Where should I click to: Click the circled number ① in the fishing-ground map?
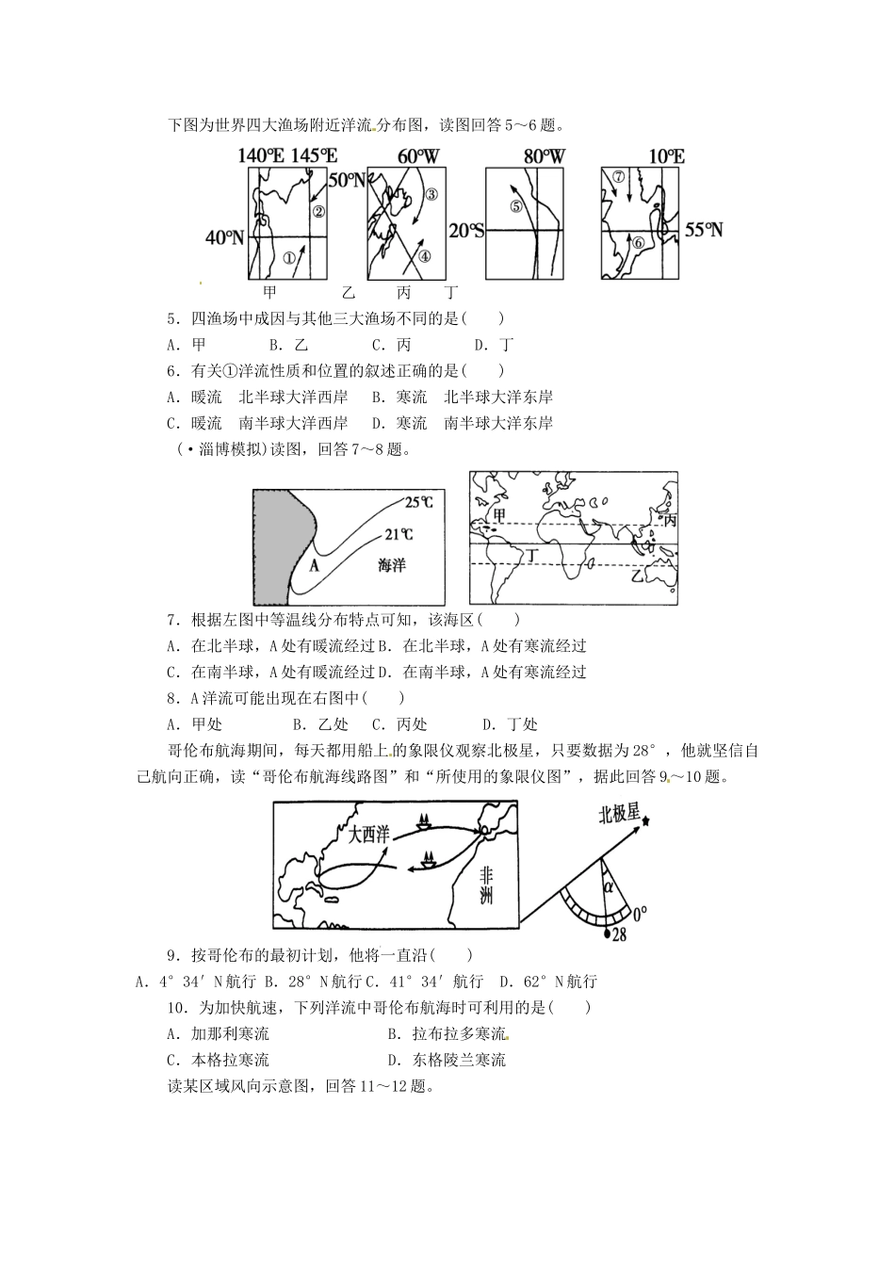[x=289, y=255]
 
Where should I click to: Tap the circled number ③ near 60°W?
[x=431, y=195]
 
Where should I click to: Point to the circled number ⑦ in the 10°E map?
[x=618, y=177]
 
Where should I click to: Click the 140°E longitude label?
[x=261, y=155]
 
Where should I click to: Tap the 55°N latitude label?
[x=704, y=230]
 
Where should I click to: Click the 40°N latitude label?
[x=225, y=237]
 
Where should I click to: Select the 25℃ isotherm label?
[x=419, y=502]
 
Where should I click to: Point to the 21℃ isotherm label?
[x=398, y=535]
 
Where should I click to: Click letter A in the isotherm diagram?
[x=315, y=565]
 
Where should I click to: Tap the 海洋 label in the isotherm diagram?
[x=391, y=565]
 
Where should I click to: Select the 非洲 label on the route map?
[x=486, y=885]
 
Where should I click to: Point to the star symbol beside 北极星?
[x=646, y=821]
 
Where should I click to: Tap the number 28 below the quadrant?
[x=619, y=934]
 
